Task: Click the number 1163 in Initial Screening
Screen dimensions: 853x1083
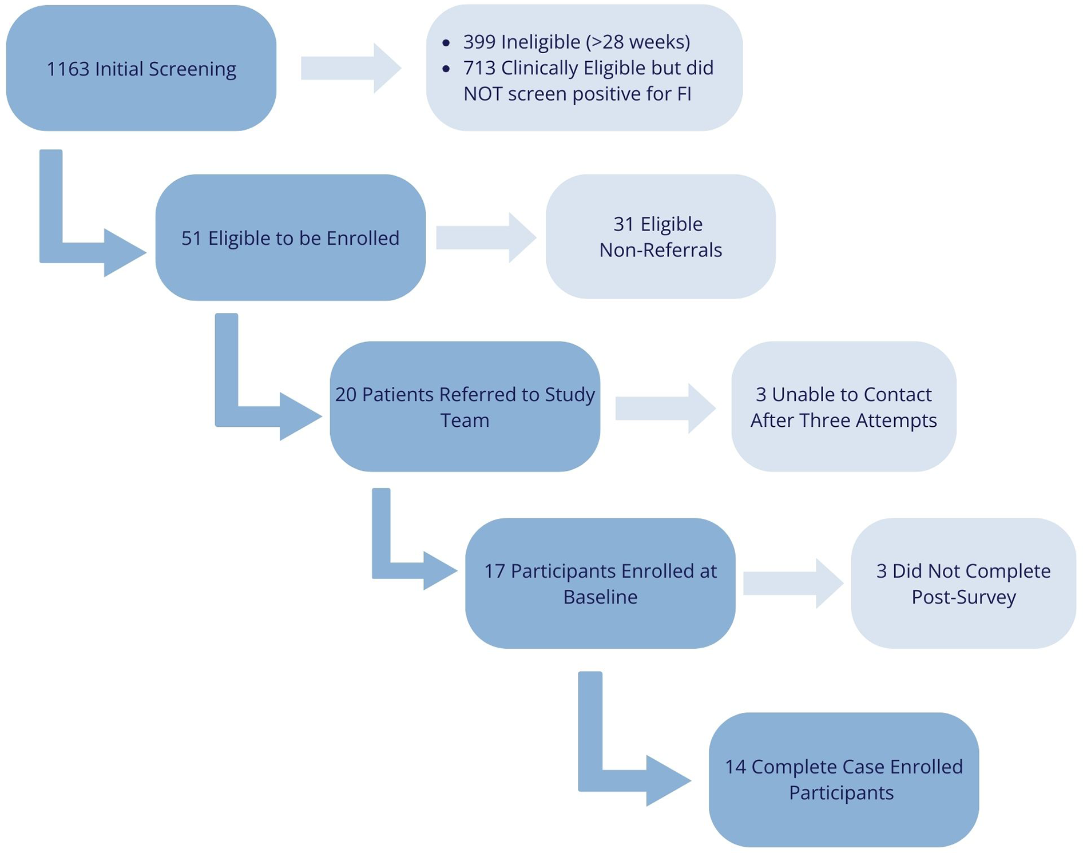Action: (68, 69)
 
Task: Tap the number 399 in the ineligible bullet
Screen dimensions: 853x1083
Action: (479, 42)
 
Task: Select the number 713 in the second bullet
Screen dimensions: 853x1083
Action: (479, 68)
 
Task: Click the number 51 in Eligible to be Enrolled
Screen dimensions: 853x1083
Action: (192, 239)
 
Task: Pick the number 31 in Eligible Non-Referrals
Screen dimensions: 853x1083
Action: (624, 224)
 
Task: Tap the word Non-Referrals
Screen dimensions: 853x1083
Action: (660, 250)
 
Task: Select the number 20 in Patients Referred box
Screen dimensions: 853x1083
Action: (346, 395)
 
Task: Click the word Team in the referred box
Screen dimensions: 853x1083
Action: (465, 420)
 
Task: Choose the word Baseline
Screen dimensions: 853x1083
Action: (600, 597)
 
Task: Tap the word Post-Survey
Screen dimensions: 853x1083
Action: (963, 597)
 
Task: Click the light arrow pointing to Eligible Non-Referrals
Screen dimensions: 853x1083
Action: (485, 238)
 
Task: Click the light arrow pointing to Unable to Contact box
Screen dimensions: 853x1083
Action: (665, 408)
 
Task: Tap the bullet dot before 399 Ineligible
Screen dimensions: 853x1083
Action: (446, 43)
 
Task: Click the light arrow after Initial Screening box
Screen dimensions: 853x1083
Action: (350, 68)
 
